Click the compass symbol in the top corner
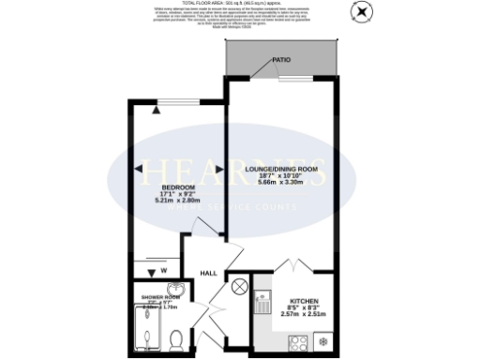pyautogui.click(x=360, y=12)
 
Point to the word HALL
pyautogui.click(x=208, y=273)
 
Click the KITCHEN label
pyautogui.click(x=305, y=292)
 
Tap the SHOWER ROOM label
pyautogui.click(x=158, y=296)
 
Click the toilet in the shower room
pyautogui.click(x=177, y=337)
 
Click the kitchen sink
pyautogui.click(x=262, y=302)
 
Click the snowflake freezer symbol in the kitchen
pyautogui.click(x=324, y=339)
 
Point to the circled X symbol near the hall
pyautogui.click(x=239, y=284)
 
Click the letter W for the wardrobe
pyautogui.click(x=164, y=272)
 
